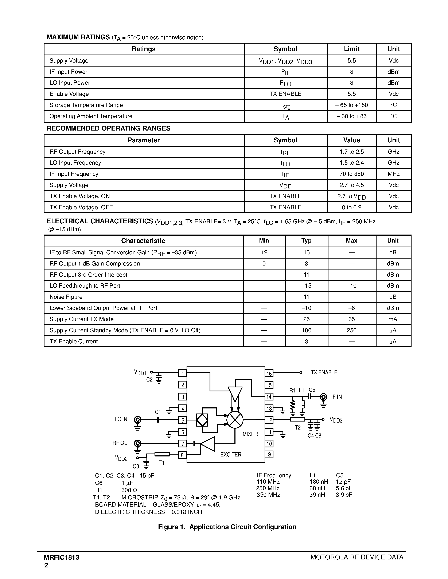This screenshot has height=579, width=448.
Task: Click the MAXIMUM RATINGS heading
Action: point(78,37)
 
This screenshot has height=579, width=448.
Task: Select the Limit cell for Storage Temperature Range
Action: point(351,105)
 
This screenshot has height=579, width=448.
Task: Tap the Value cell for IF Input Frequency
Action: point(351,174)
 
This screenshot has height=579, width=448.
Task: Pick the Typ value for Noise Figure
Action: point(306,297)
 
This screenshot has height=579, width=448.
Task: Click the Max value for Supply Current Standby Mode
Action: point(351,330)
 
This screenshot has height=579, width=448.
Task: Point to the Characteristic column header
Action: point(143,241)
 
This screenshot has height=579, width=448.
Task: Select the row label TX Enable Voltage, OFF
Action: point(81,207)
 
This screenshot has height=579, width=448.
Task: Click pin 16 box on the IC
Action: point(269,374)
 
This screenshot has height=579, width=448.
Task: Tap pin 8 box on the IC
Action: point(182,455)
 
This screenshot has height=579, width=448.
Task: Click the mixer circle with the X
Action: point(235,420)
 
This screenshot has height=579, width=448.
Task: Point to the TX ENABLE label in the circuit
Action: point(324,372)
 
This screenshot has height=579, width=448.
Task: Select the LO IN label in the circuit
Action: point(121,419)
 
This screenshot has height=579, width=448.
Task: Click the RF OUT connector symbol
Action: point(137,443)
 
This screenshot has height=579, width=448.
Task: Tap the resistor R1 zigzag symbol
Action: point(292,405)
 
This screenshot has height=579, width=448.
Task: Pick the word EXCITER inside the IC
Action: point(231,454)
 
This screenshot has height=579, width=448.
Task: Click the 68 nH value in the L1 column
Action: point(317,488)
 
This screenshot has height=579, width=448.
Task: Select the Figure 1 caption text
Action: point(227,527)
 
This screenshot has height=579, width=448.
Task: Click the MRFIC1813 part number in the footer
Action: point(62,557)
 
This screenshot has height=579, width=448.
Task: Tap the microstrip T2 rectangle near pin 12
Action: point(297,419)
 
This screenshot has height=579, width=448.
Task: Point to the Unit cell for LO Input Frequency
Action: point(393,163)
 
